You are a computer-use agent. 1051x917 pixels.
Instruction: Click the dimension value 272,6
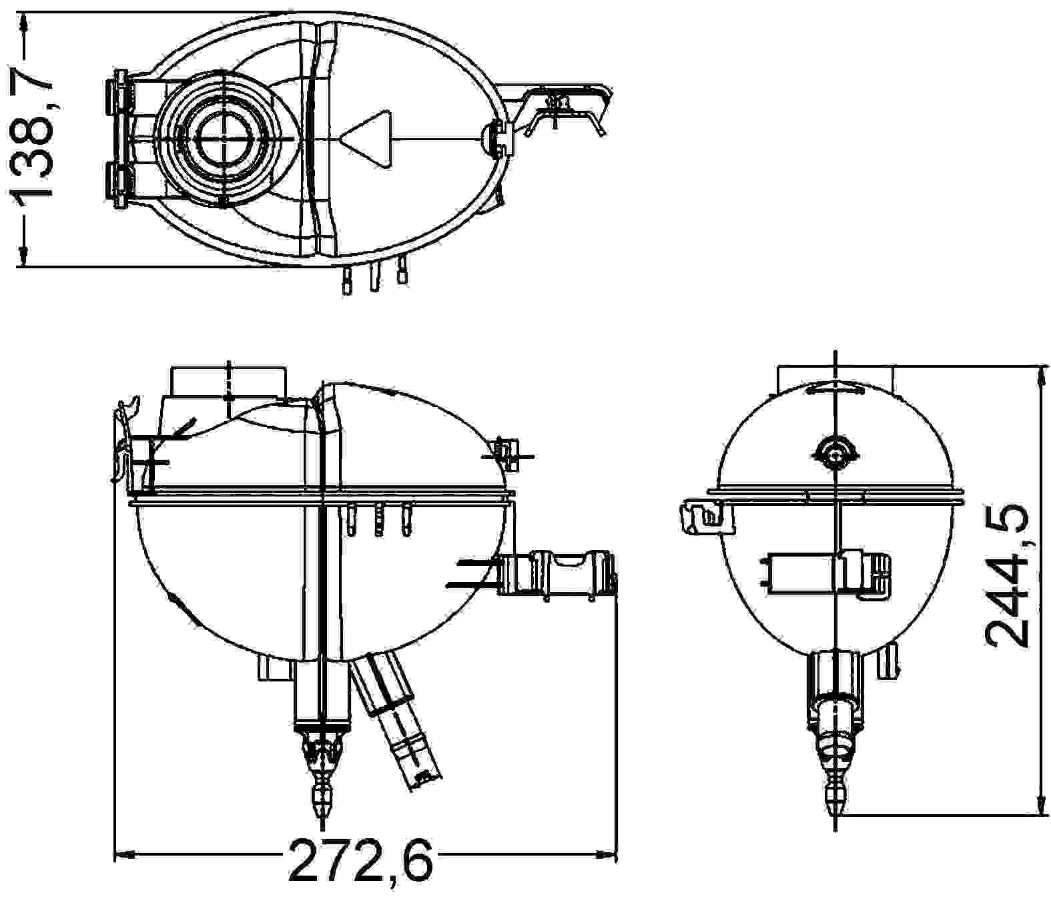coord(361,860)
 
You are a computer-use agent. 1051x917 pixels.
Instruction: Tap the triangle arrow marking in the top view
coord(366,138)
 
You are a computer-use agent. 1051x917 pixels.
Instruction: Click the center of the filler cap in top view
coord(224,138)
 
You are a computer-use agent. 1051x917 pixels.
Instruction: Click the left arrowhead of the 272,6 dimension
coord(125,852)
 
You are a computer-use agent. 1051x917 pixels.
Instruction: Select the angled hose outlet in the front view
coord(398,724)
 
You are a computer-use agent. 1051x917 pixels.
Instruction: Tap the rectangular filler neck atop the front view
coord(228,381)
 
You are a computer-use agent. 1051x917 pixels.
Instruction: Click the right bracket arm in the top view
coord(567,107)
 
